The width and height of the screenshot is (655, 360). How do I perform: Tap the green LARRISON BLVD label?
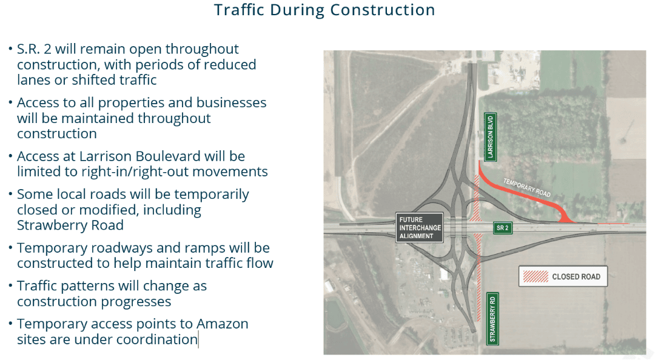click(490, 136)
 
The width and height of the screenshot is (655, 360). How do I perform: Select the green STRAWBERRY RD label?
click(492, 319)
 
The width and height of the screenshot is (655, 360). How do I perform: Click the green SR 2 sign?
click(503, 228)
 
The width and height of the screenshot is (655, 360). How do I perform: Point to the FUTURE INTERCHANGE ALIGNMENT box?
click(420, 228)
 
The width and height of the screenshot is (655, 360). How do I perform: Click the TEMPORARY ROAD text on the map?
click(527, 187)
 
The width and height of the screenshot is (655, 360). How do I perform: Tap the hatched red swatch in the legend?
click(536, 276)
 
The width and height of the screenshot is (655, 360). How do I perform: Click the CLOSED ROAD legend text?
click(576, 276)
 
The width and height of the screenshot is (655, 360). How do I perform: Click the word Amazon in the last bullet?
click(222, 324)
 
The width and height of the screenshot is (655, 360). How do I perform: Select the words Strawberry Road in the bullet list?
click(70, 225)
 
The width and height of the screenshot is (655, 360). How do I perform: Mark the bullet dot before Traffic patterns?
click(10, 286)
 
